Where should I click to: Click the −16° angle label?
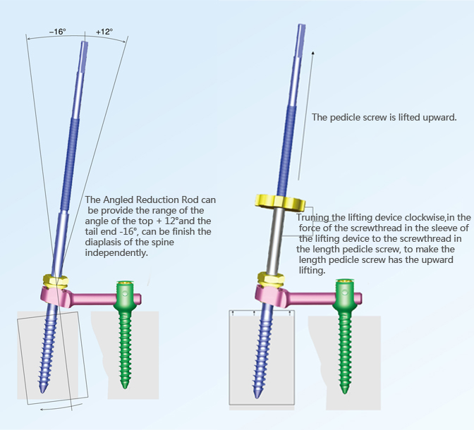pos(57,32)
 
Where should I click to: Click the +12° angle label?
pos(104,32)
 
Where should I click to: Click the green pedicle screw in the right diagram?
pos(346,331)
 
